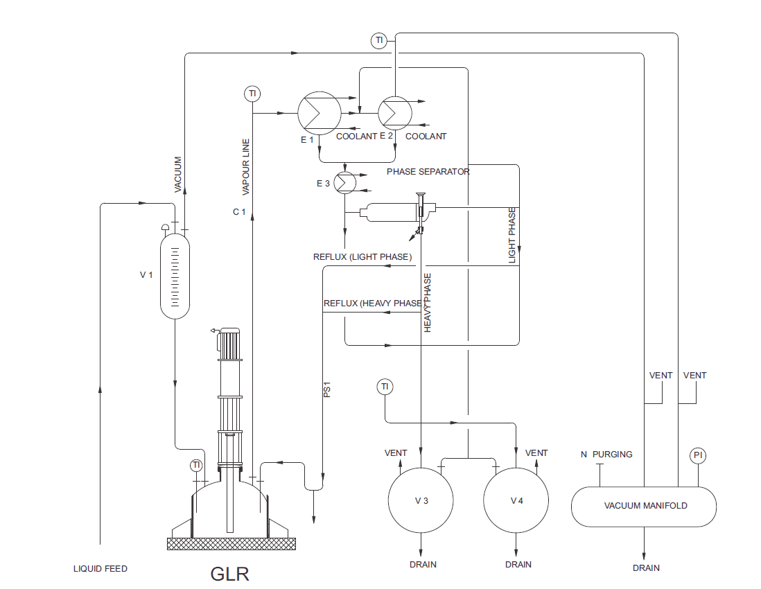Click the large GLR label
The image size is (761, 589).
[x=229, y=574]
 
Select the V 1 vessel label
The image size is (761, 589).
[x=146, y=274]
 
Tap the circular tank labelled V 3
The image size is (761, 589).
[x=421, y=500]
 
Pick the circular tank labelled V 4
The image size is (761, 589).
[x=516, y=500]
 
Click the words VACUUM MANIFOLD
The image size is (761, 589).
[x=645, y=506]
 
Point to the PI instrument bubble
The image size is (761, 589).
[x=699, y=455]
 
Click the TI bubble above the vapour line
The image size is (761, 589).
[x=252, y=93]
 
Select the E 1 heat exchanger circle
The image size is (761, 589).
[x=319, y=114]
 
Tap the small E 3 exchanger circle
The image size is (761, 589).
[x=344, y=182]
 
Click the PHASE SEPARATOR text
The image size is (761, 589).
[x=428, y=171]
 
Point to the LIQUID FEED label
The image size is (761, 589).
[x=100, y=569]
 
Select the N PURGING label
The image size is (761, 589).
[x=606, y=455]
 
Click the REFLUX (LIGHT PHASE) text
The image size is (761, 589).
[x=362, y=257]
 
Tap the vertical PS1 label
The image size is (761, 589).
[x=327, y=391]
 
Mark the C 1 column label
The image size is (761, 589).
[x=239, y=211]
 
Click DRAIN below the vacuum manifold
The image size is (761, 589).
[x=645, y=568]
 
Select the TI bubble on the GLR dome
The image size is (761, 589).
[x=196, y=465]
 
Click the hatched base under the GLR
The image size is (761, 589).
[x=231, y=544]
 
